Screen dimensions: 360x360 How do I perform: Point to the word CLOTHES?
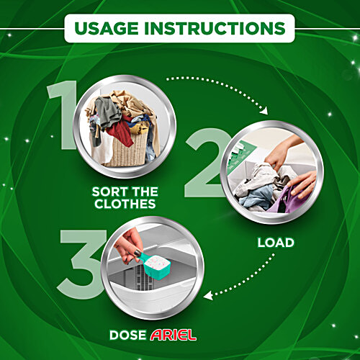coord(125,204)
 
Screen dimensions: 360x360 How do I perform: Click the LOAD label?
coord(276,243)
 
